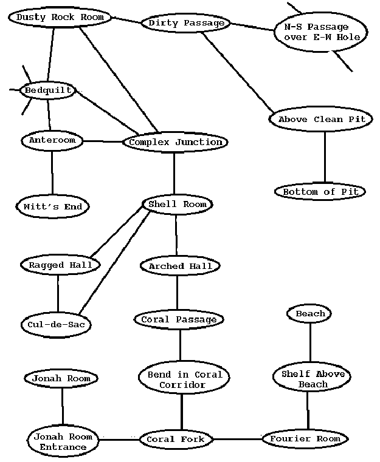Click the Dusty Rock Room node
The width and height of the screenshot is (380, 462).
pos(60,17)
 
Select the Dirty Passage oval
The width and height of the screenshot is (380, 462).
pos(186,24)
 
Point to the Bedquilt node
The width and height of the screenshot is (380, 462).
pos(49,91)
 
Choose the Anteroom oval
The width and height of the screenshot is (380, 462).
pos(52,140)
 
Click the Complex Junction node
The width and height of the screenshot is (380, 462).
pos(176,143)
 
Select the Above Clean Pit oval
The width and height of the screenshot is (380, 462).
pos(321,119)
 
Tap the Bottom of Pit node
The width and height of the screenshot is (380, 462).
pos(320,192)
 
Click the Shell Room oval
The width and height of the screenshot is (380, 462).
pos(177,205)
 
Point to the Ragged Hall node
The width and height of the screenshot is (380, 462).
pos(60,265)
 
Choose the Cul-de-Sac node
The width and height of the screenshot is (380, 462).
pos(55,324)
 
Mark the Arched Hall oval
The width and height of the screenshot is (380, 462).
pos(176,266)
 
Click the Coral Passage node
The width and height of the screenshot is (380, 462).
pos(178,319)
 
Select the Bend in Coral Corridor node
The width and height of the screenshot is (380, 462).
pos(184,379)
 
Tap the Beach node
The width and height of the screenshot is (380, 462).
pos(310,314)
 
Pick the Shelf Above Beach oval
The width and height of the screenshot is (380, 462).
pos(313,378)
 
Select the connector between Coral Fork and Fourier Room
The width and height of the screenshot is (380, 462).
pos(238,438)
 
